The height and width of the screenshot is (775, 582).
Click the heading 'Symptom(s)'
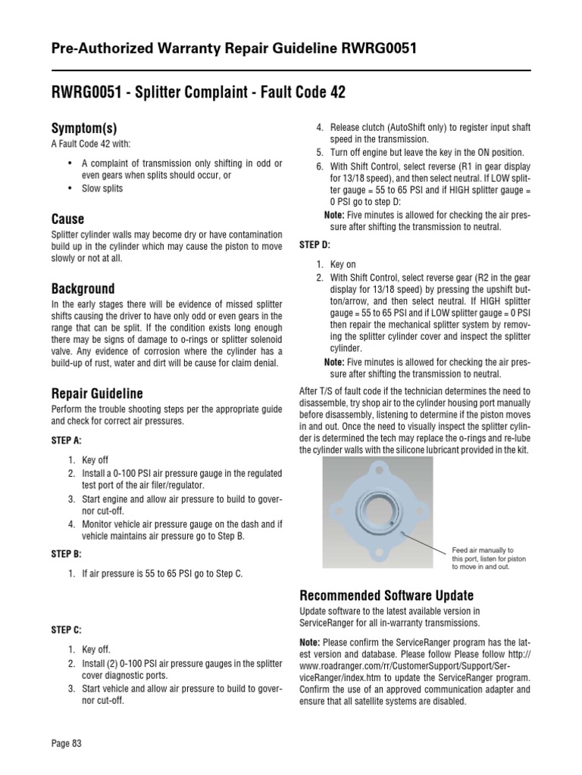tap(83, 128)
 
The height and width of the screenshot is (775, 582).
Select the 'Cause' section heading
tap(67, 219)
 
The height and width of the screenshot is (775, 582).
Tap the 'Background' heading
tap(83, 288)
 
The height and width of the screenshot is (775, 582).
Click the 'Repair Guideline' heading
tap(97, 394)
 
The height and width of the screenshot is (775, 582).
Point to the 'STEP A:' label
tap(66, 439)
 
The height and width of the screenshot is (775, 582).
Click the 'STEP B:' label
tap(66, 553)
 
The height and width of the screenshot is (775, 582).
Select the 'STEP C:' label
tap(66, 629)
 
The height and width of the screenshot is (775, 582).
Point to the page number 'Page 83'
tap(66, 743)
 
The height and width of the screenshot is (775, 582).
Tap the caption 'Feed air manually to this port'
tap(483, 558)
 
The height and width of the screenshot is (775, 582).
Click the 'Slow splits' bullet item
tap(103, 188)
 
